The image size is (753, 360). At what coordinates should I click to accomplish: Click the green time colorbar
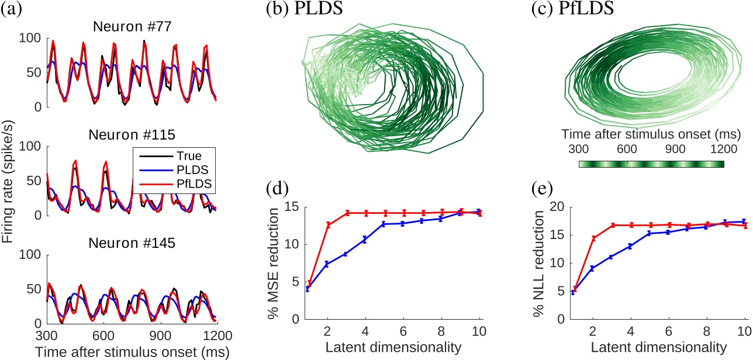[x=651, y=164]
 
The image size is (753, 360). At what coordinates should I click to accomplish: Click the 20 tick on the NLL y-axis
[x=558, y=207]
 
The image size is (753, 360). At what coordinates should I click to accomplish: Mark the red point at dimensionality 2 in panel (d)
[x=328, y=225]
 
